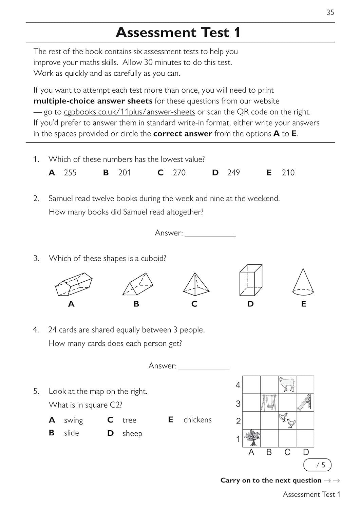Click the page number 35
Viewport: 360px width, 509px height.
coord(330,13)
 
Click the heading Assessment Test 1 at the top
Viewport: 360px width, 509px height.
coord(178,33)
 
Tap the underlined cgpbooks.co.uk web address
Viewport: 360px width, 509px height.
coord(129,112)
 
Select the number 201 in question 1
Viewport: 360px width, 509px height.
coord(125,173)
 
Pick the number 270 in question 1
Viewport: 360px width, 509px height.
coord(179,173)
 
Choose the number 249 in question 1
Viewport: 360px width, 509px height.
coord(233,173)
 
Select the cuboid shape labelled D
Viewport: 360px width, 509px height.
coord(251,281)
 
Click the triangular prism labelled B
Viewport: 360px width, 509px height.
coord(137,284)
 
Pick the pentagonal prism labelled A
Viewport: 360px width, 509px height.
coord(74,284)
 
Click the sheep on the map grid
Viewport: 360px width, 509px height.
coord(287,384)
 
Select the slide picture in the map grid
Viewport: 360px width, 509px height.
coord(304,402)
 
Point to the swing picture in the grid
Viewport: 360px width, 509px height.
coord(269,402)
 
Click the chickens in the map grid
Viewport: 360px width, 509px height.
coord(287,420)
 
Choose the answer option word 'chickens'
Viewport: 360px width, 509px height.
coord(197,420)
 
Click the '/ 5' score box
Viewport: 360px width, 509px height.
coord(317,465)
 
